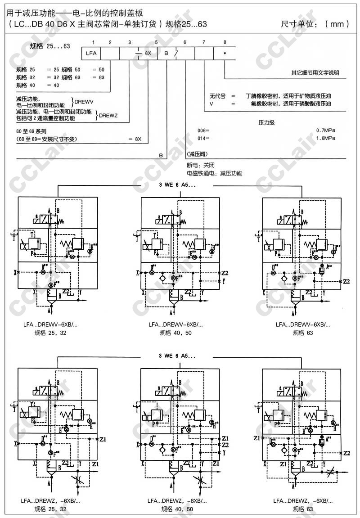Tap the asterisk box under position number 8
(x=225, y=54)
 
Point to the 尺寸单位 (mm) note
(x=315, y=24)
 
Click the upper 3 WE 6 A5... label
(x=178, y=185)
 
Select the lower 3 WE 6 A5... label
(x=178, y=356)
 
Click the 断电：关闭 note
(x=198, y=165)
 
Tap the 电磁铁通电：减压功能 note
(x=214, y=173)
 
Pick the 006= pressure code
(x=203, y=131)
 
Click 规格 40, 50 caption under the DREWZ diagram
(x=177, y=509)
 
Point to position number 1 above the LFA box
(x=93, y=42)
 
